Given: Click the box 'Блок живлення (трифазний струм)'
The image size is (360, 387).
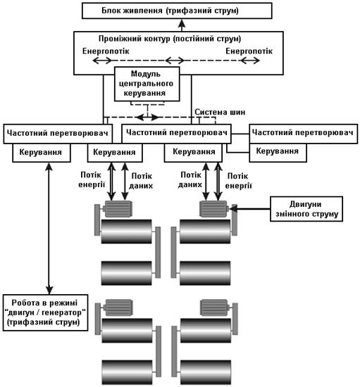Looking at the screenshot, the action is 177,11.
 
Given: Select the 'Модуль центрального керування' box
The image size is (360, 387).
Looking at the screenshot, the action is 147,84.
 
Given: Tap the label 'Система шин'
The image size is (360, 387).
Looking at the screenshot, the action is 220,112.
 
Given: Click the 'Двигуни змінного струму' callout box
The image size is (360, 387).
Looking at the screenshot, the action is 306,209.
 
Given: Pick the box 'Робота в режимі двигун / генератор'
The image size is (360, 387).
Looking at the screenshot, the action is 46,312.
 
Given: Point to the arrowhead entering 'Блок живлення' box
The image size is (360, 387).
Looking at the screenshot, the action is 182,23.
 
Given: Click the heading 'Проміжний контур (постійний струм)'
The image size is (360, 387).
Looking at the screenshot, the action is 170,39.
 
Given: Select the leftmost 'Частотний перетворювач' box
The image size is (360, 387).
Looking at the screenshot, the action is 58,134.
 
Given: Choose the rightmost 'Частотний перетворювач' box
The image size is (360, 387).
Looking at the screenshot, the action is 304,134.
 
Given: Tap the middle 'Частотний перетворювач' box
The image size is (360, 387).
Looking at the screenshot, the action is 176,134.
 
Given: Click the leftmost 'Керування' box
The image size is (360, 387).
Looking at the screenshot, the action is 42,153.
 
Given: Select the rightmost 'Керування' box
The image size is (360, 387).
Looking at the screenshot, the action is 278,153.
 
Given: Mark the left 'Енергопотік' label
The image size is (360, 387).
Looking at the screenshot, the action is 106,51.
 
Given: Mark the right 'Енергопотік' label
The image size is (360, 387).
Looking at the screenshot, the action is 249,51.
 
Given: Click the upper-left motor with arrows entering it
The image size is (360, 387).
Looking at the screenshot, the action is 117,209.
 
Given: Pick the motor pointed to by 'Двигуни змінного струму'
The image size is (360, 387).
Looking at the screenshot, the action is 213,209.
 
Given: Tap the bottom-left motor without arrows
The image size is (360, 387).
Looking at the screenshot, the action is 118,307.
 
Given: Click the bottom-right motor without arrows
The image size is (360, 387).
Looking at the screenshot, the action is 215,307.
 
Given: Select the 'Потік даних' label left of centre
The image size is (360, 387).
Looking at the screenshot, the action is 141,181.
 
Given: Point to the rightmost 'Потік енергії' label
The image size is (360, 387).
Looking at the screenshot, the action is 238,181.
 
